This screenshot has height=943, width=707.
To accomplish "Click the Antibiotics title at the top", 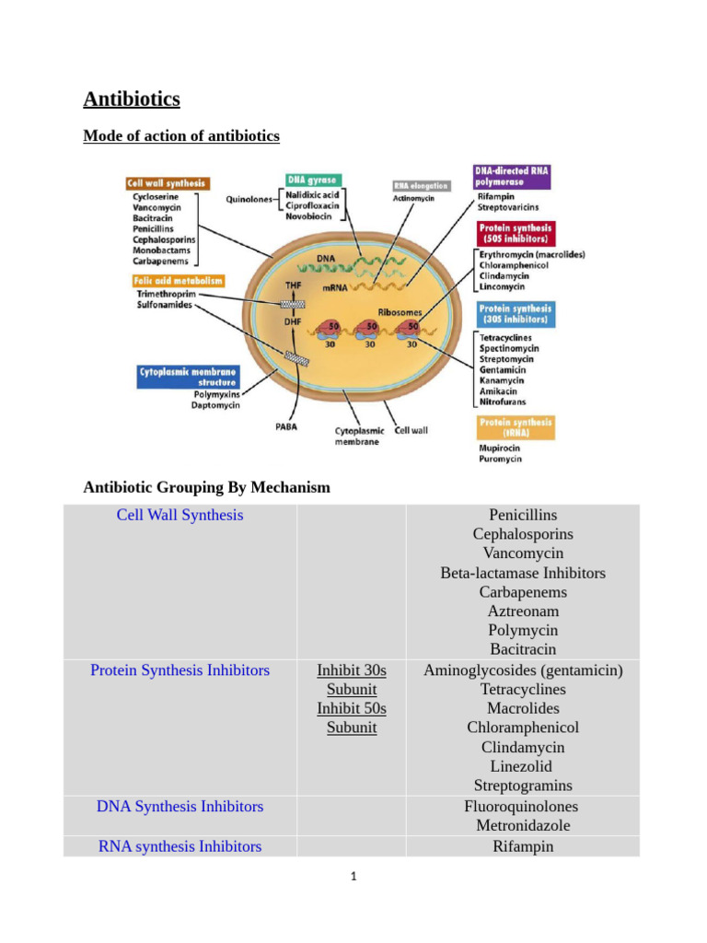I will (132, 99).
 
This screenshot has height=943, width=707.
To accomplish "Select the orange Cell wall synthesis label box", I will (168, 183).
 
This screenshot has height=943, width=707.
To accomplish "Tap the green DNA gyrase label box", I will (312, 180).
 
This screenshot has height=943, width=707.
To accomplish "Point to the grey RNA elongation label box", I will (422, 185).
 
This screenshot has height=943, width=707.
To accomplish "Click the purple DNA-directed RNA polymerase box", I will (512, 177).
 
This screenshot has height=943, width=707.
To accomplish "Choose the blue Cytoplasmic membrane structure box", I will (187, 376).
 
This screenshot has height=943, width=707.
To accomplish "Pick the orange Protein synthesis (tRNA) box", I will (516, 427).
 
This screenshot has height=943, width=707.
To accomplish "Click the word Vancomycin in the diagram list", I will (156, 208).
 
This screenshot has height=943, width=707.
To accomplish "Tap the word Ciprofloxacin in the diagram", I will (313, 206).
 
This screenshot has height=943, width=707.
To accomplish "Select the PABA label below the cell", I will (286, 427).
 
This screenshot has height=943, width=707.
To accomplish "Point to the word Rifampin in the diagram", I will (497, 196).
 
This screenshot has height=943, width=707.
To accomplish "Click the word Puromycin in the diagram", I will (500, 459).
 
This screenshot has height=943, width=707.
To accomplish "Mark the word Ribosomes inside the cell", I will (399, 312).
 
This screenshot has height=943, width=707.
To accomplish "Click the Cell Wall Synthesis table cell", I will (180, 516).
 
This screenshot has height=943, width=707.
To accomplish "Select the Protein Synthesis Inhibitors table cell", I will (180, 671).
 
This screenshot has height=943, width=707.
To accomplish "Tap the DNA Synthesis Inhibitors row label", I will (180, 807).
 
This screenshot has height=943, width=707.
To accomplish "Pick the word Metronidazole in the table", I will (523, 826).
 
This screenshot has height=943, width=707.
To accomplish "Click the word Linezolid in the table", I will (523, 767).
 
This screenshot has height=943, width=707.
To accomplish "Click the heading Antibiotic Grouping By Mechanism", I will (206, 487).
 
